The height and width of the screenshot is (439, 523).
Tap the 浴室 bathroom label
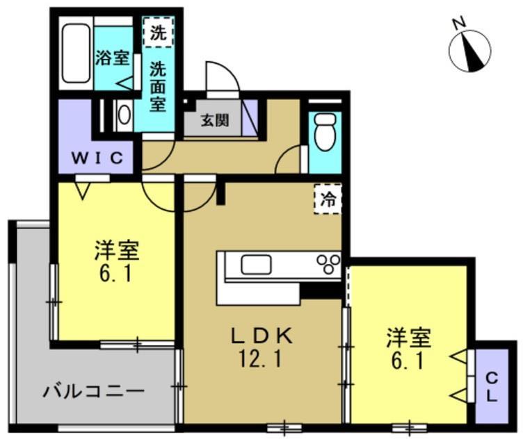point(112,58)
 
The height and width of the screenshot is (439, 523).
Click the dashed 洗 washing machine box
point(159,33)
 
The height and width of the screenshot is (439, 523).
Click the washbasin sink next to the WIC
point(123,115)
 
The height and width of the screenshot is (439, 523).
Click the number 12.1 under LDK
point(264,361)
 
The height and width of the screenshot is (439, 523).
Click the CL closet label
point(491,388)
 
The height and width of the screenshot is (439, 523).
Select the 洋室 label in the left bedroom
point(115,248)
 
